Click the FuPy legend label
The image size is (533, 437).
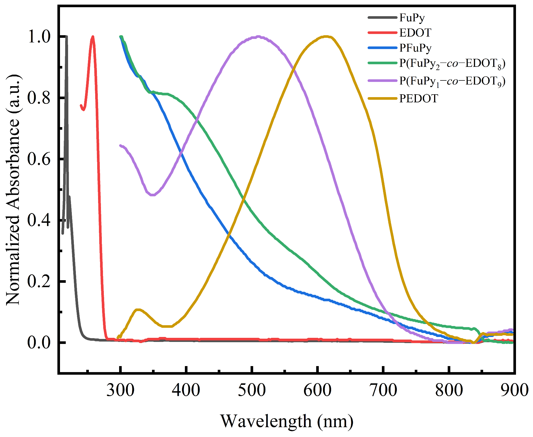click(x=412, y=18)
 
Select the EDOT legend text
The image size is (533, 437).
click(x=415, y=33)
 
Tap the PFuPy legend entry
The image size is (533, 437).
click(x=415, y=48)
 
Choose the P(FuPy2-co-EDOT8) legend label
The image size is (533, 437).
click(x=452, y=64)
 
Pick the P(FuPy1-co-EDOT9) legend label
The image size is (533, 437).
click(x=452, y=82)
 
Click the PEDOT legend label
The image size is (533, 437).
click(x=418, y=99)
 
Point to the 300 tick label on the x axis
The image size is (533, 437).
click(x=120, y=390)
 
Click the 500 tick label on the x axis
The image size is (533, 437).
click(x=252, y=390)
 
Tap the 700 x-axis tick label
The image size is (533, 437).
click(x=383, y=390)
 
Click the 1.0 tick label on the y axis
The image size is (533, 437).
click(x=39, y=37)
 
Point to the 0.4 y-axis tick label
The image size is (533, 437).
click(x=39, y=220)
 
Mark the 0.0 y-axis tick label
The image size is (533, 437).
click(x=39, y=342)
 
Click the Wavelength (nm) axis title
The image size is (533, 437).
click(x=287, y=421)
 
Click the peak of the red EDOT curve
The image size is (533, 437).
click(x=93, y=37)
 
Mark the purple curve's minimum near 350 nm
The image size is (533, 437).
click(x=153, y=195)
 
